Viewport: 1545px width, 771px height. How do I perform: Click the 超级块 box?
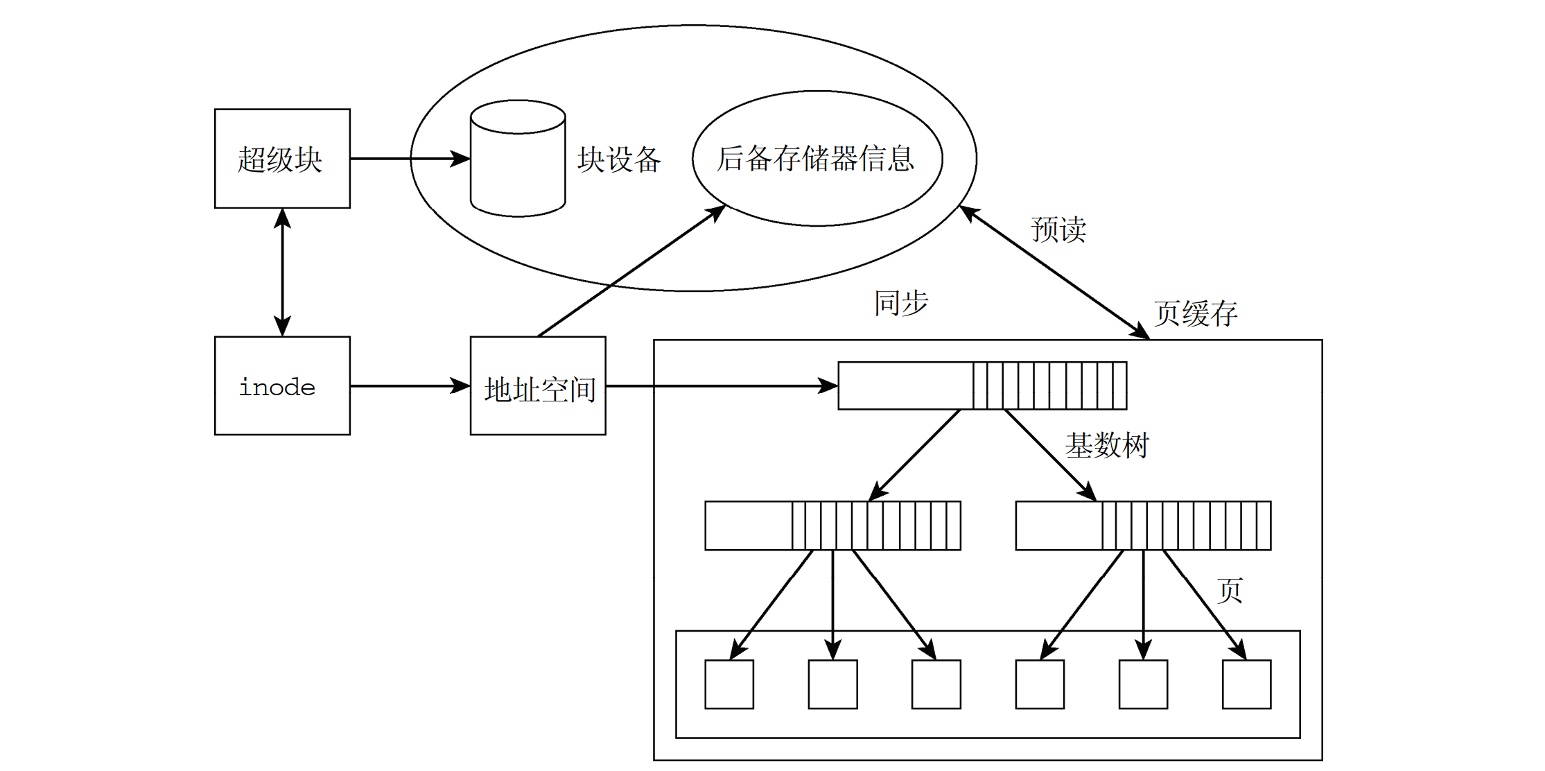tap(282, 158)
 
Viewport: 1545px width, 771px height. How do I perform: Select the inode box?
tap(282, 385)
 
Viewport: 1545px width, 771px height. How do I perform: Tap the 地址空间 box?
tap(538, 386)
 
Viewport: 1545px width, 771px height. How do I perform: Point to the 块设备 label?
tap(619, 159)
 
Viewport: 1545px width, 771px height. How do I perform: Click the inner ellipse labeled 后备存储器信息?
tap(817, 158)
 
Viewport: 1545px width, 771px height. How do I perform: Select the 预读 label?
tap(1058, 229)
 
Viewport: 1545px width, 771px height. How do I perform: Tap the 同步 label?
tap(900, 303)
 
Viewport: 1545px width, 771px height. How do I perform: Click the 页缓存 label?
tap(1196, 313)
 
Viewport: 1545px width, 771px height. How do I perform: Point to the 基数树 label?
tap(1107, 445)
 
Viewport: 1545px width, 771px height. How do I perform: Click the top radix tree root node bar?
tap(982, 385)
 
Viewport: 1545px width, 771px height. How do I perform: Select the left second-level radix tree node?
tap(832, 526)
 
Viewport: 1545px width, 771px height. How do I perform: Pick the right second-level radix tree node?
tap(1143, 526)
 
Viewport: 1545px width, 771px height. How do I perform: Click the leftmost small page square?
tap(729, 684)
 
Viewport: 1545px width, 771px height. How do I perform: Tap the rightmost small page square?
tap(1246, 684)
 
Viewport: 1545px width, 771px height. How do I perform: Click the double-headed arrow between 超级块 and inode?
tap(282, 272)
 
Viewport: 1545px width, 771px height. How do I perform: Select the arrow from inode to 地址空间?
tap(409, 385)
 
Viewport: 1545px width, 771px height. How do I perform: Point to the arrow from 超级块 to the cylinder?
tap(409, 159)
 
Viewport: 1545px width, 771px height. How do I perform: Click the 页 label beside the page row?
tap(1230, 591)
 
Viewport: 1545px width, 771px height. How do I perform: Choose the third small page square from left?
tap(936, 684)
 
